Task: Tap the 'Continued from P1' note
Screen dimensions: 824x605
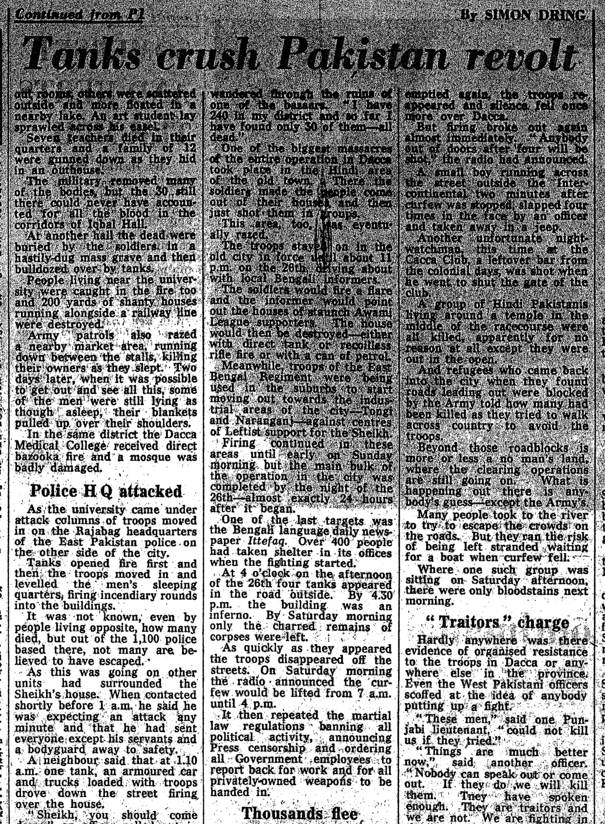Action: [79, 14]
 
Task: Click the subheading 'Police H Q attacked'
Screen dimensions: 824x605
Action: [106, 491]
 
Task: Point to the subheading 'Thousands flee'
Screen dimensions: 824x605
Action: [300, 813]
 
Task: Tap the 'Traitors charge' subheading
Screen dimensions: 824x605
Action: [497, 622]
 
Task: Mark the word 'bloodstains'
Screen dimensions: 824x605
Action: [534, 591]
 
